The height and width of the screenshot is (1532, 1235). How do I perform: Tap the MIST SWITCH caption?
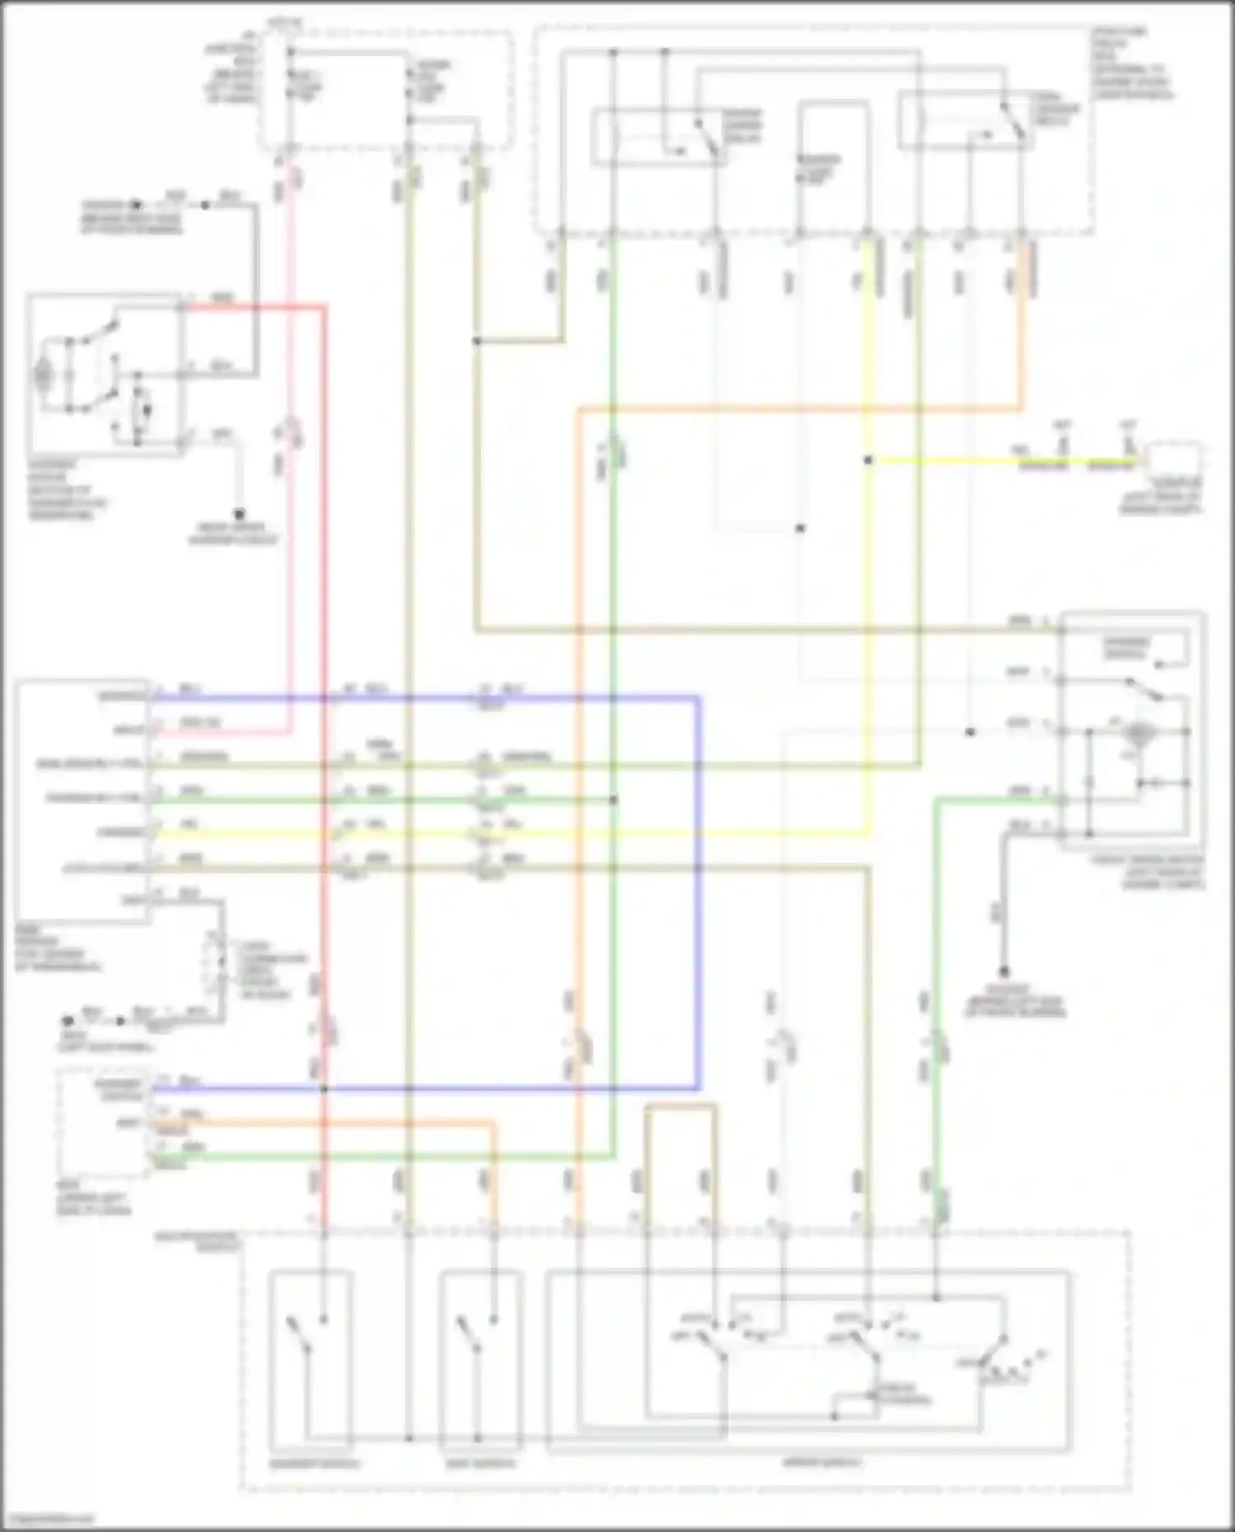(478, 1464)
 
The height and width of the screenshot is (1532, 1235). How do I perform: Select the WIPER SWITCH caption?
(821, 1463)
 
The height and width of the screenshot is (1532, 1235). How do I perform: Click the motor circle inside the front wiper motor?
(1139, 732)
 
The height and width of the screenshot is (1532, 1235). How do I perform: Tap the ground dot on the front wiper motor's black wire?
(1004, 972)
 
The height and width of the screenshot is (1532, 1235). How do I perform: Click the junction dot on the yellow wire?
(868, 460)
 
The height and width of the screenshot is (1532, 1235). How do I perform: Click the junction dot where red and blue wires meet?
(324, 1088)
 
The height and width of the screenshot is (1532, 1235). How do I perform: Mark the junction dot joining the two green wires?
(613, 799)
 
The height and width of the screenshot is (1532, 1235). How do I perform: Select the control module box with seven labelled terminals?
(82, 799)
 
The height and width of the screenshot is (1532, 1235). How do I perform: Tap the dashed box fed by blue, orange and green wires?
(103, 1123)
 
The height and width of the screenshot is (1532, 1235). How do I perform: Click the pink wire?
(290, 494)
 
